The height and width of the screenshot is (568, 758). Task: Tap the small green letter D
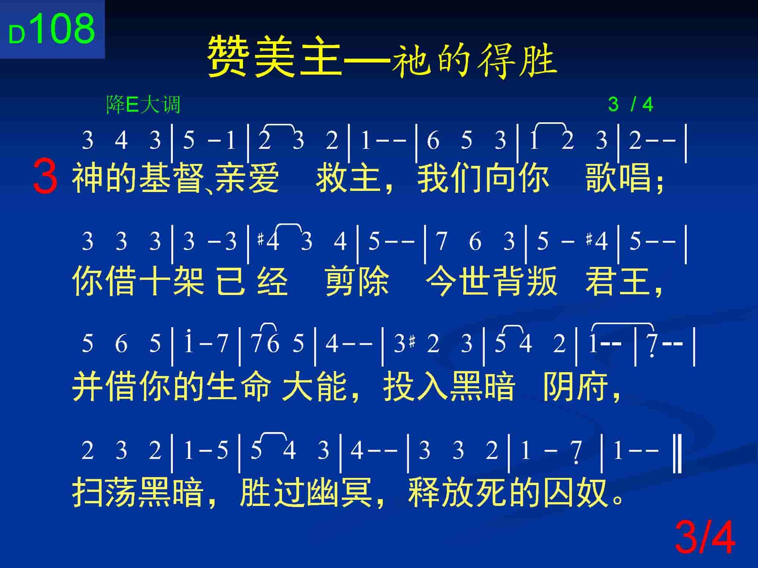17,36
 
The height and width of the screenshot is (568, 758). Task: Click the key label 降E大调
143,105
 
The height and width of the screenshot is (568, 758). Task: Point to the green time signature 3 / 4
631,105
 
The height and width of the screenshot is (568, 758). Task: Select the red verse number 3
45,177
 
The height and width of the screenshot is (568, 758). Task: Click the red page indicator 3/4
705,538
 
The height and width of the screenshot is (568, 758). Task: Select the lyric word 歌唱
619,178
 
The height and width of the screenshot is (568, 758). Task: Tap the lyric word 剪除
357,281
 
